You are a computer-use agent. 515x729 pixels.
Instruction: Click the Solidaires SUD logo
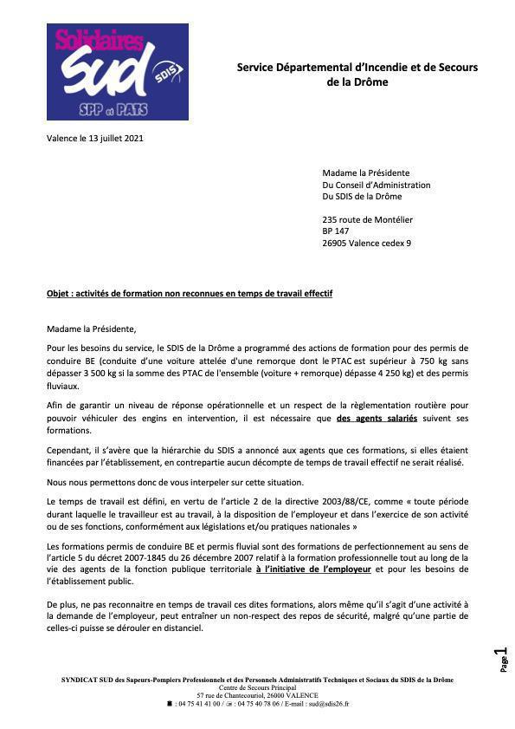(117, 72)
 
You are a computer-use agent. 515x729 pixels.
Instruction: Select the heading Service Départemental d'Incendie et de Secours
(357, 67)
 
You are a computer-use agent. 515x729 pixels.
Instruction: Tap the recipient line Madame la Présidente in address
(365, 172)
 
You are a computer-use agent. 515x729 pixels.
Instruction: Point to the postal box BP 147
(336, 231)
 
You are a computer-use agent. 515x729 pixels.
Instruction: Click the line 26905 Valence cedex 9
(366, 244)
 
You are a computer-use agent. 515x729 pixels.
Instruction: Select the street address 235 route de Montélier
(367, 220)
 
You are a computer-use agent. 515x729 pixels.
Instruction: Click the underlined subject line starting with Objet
(189, 294)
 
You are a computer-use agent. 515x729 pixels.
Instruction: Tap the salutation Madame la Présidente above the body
(92, 329)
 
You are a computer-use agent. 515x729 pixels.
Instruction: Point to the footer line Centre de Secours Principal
(257, 687)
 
